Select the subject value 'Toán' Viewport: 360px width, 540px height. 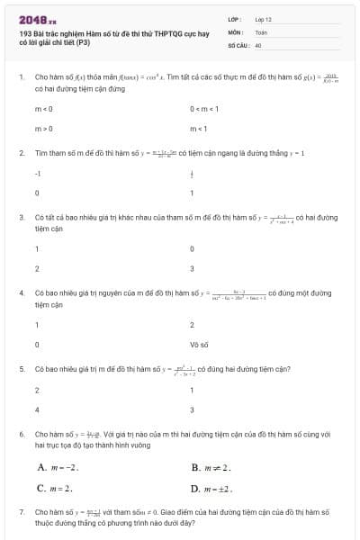(x=261, y=31)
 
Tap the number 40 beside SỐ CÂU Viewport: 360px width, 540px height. (x=258, y=43)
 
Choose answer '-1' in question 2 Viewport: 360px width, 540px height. (x=38, y=172)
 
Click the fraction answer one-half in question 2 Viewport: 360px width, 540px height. (x=192, y=172)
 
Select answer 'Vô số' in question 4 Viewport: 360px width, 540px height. (x=199, y=344)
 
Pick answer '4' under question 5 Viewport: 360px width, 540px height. (x=37, y=409)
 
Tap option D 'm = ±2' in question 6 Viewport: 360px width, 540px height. (x=212, y=488)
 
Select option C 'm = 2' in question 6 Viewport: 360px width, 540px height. (x=55, y=488)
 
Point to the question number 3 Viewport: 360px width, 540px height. (x=22, y=218)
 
